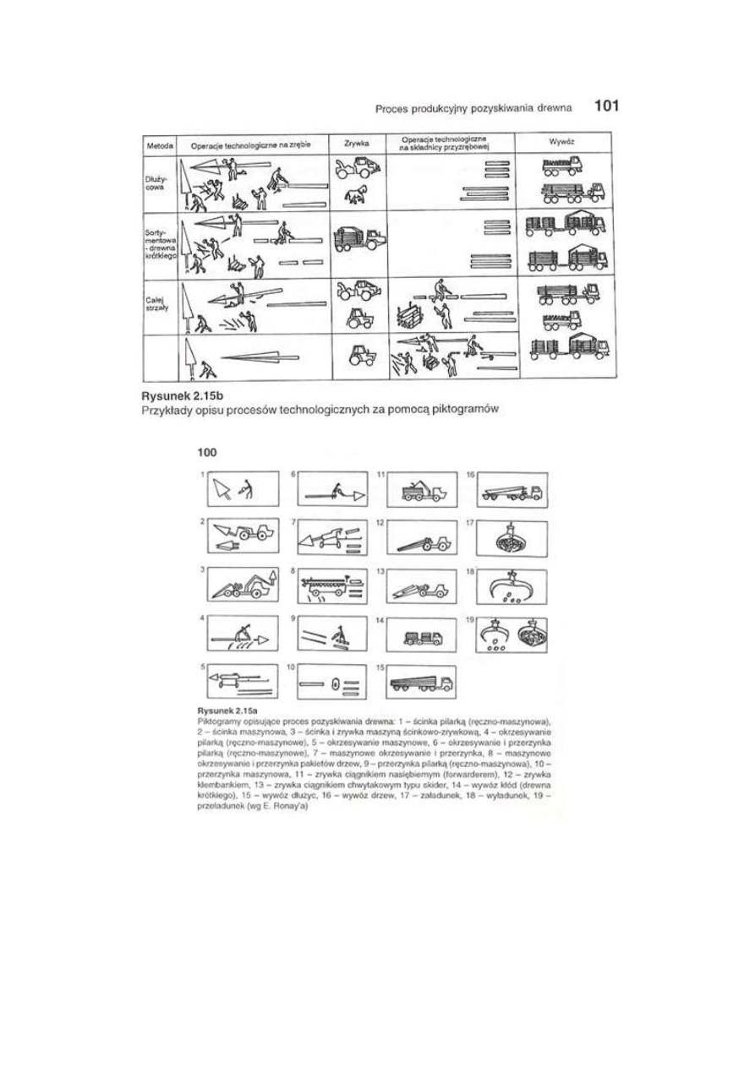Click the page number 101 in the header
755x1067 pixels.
pos(607,106)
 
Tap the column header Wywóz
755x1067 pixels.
pos(566,144)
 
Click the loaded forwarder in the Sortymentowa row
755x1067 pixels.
pos(355,238)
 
